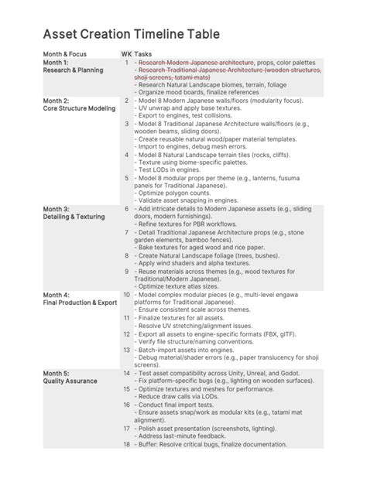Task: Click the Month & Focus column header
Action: point(65,54)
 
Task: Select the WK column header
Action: point(126,54)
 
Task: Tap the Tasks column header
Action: point(143,54)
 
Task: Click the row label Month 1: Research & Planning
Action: point(67,66)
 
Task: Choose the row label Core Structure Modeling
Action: point(79,108)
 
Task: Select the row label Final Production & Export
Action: point(81,303)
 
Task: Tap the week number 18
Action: point(126,443)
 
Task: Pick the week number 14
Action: point(126,373)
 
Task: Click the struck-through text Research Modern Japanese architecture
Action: point(197,62)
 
